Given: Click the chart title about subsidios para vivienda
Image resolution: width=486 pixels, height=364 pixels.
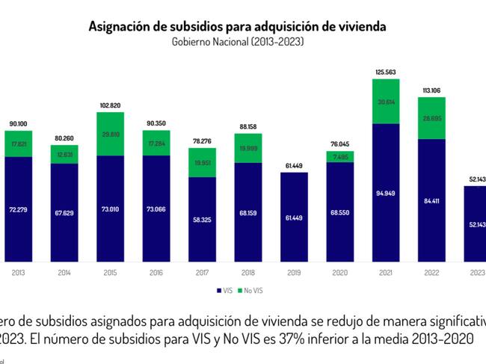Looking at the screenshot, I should [x=238, y=27].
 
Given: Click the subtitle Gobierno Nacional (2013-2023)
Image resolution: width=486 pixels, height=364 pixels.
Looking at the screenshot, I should [x=238, y=42].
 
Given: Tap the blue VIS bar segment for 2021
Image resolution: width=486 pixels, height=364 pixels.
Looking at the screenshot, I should [x=386, y=192].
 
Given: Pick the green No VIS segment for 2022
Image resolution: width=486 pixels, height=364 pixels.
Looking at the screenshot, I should [x=432, y=118].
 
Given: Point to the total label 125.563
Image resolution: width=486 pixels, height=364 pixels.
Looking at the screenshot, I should [x=386, y=72].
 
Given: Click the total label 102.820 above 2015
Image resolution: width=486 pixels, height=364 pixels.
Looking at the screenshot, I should [x=111, y=106].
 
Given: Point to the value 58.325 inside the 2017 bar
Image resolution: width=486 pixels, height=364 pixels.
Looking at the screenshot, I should [x=202, y=220].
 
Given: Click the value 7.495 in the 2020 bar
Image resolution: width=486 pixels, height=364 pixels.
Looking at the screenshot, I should [x=340, y=156].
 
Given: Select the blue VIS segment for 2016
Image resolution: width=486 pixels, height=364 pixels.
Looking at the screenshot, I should [x=156, y=209].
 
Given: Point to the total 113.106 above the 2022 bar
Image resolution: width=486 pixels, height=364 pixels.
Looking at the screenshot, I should [x=432, y=90].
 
